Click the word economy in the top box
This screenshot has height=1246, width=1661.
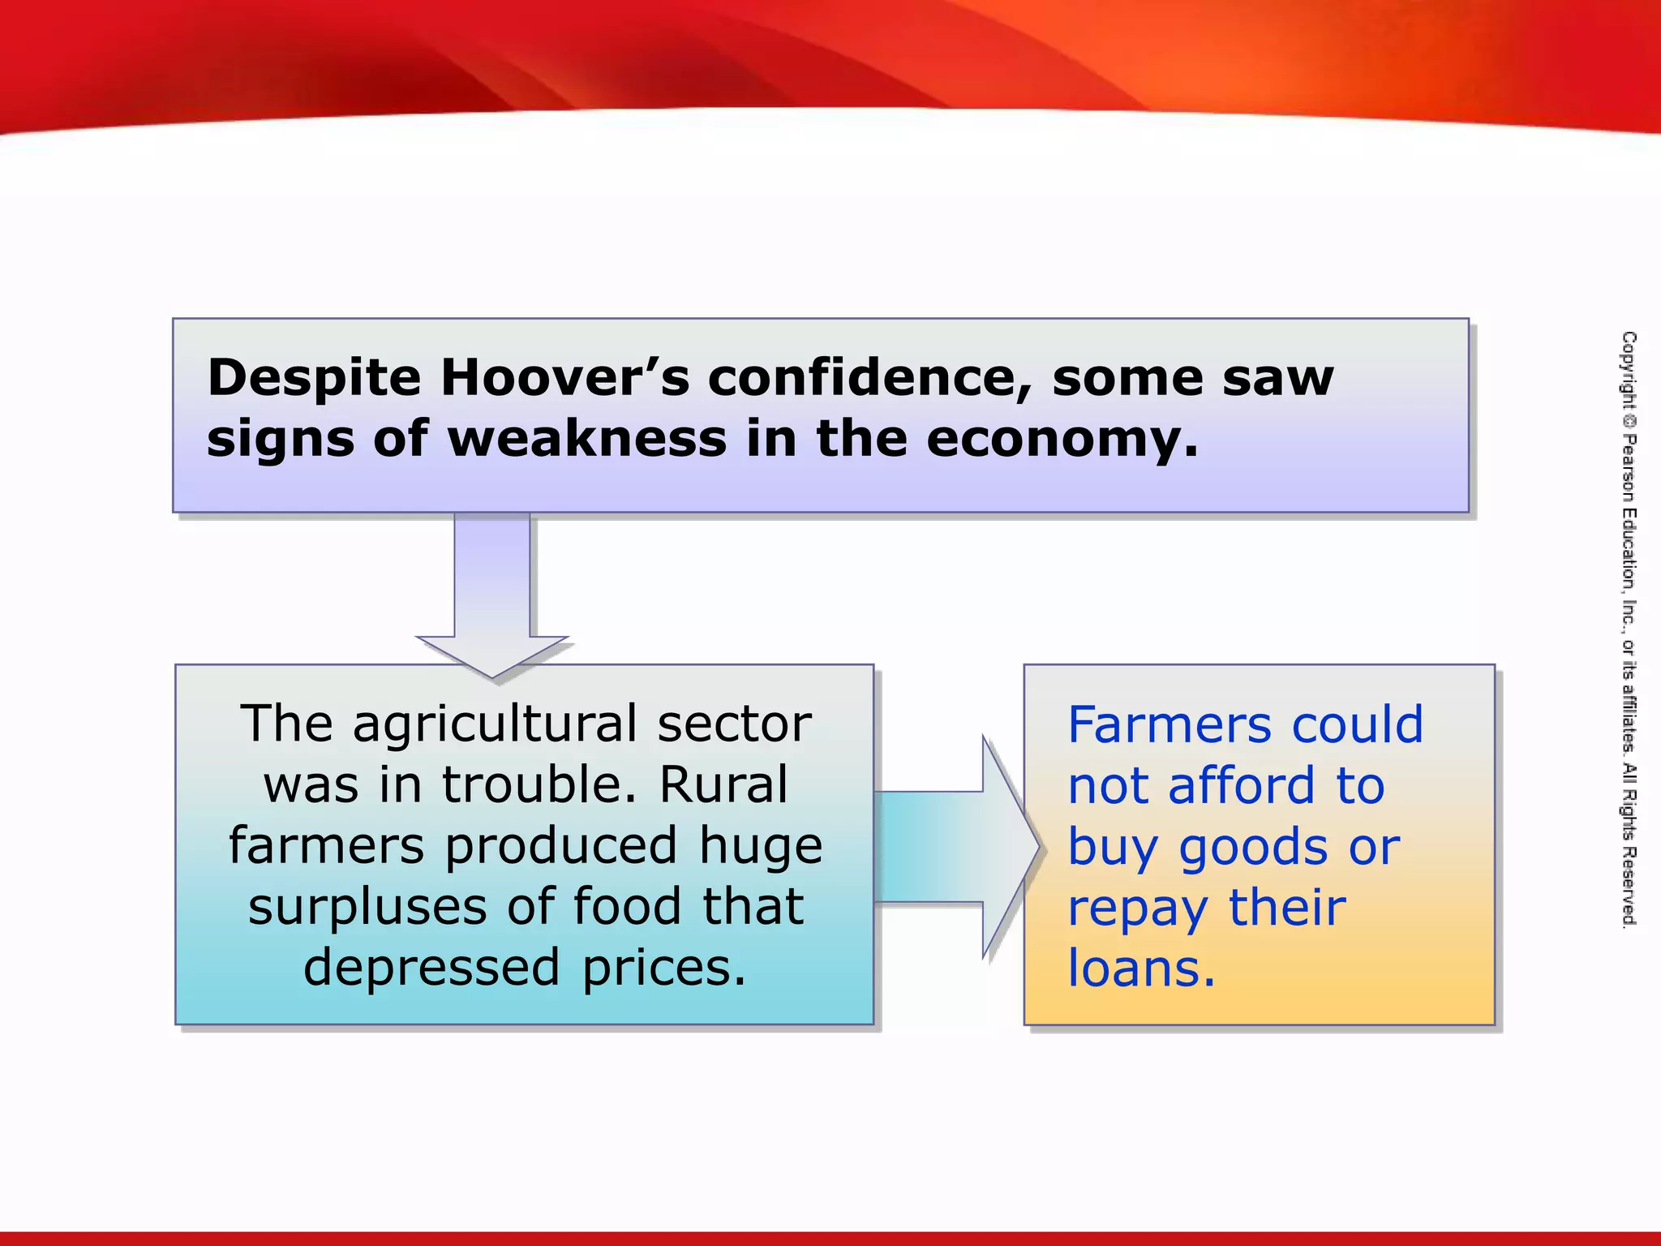coord(1062,440)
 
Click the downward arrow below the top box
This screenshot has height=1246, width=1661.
coord(492,600)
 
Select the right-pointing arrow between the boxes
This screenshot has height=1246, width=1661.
coord(957,846)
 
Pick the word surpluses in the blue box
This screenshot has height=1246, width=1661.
coord(367,907)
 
